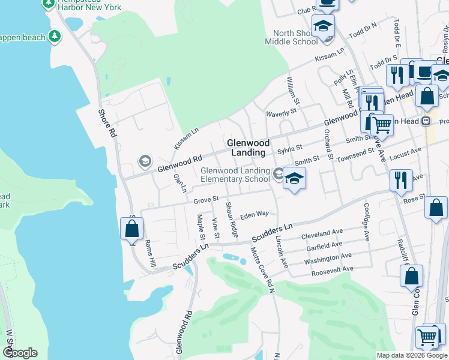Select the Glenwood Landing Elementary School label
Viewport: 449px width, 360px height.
235,175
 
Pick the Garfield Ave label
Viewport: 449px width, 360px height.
322,245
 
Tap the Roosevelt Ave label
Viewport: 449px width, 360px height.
331,272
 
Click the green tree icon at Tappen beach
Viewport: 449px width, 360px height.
55,36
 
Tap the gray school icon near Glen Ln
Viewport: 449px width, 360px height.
144,161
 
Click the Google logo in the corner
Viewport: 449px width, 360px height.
20,353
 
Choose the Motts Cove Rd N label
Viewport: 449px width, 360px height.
262,270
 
